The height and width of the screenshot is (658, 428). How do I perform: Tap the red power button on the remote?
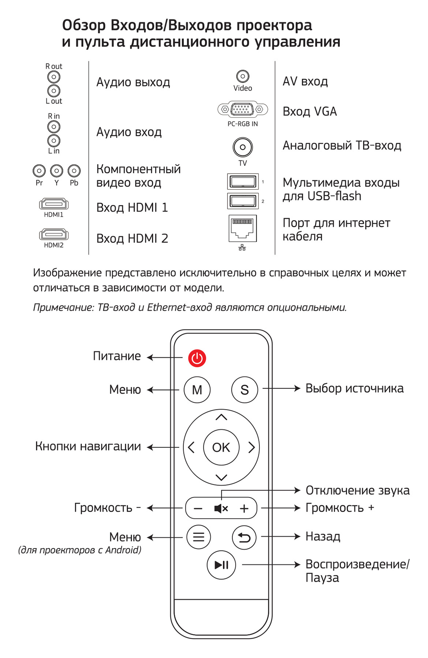coord(197,358)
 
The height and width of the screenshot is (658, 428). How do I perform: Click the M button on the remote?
coord(197,390)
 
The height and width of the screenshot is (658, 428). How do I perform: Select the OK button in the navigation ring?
coord(221,447)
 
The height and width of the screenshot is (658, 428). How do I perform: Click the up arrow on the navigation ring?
coord(221,417)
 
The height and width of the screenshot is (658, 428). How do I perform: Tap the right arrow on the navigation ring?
coord(251,447)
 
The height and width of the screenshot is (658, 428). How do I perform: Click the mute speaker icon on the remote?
coord(221,508)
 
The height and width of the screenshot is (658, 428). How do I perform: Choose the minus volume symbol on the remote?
coord(198,508)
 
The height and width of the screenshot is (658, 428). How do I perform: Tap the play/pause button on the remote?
coord(221,565)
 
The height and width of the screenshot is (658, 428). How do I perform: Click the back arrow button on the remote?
coord(244,537)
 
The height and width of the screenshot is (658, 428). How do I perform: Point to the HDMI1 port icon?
coord(54,204)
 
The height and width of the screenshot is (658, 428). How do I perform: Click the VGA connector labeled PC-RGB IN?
coord(243,109)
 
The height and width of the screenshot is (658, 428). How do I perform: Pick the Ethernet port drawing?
coord(243,228)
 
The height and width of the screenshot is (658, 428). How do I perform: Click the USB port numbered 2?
coord(243,200)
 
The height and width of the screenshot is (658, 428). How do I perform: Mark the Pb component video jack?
coord(74,171)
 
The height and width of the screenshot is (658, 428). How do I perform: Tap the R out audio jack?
coord(54,77)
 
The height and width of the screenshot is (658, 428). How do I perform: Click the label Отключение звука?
coord(357,490)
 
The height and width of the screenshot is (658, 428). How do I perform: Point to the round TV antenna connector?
coord(243,147)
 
